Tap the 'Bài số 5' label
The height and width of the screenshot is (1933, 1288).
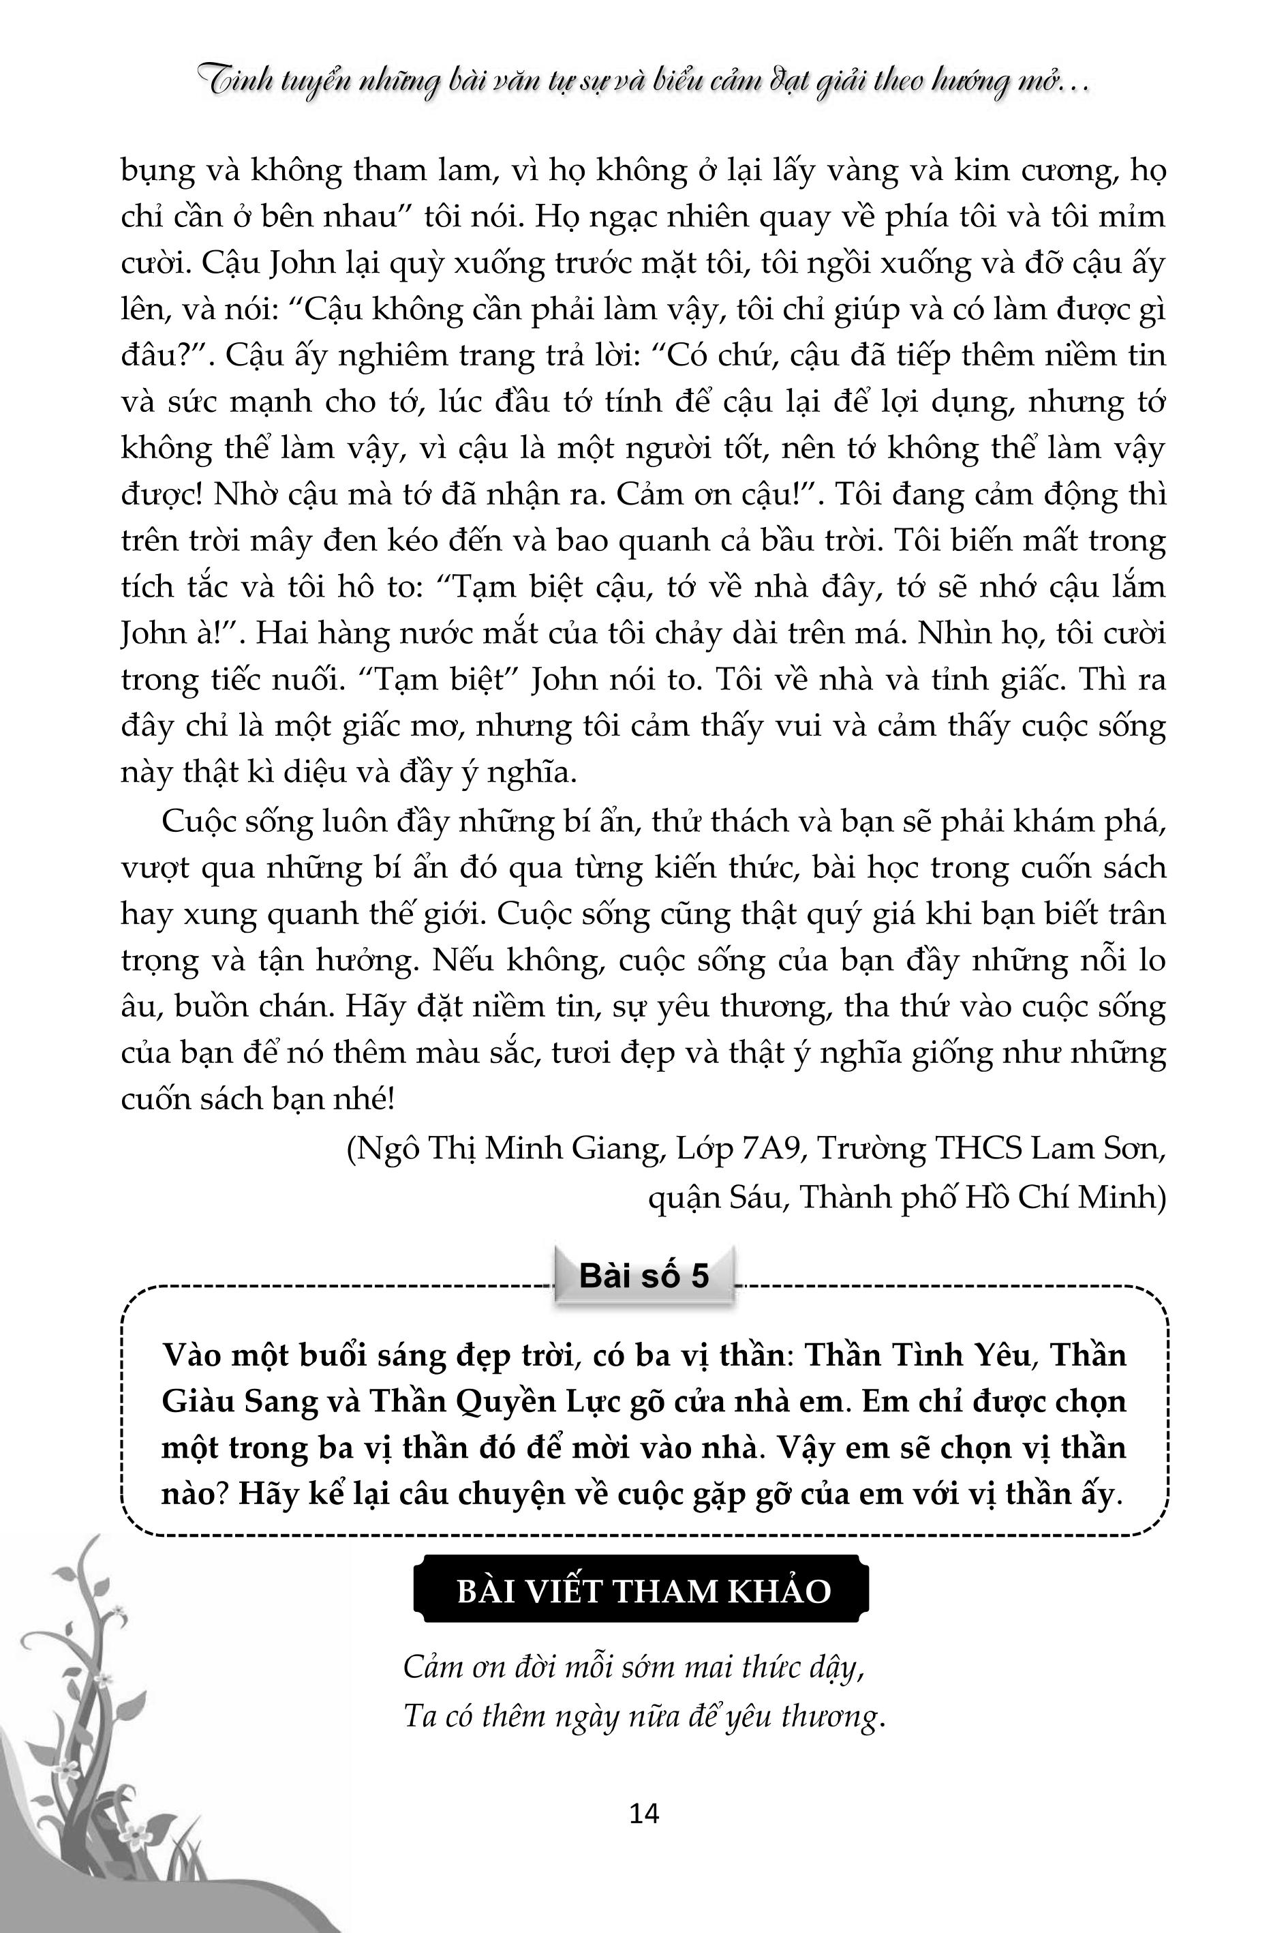[x=644, y=1276]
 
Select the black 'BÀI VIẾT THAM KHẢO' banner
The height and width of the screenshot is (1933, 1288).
[x=643, y=1592]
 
